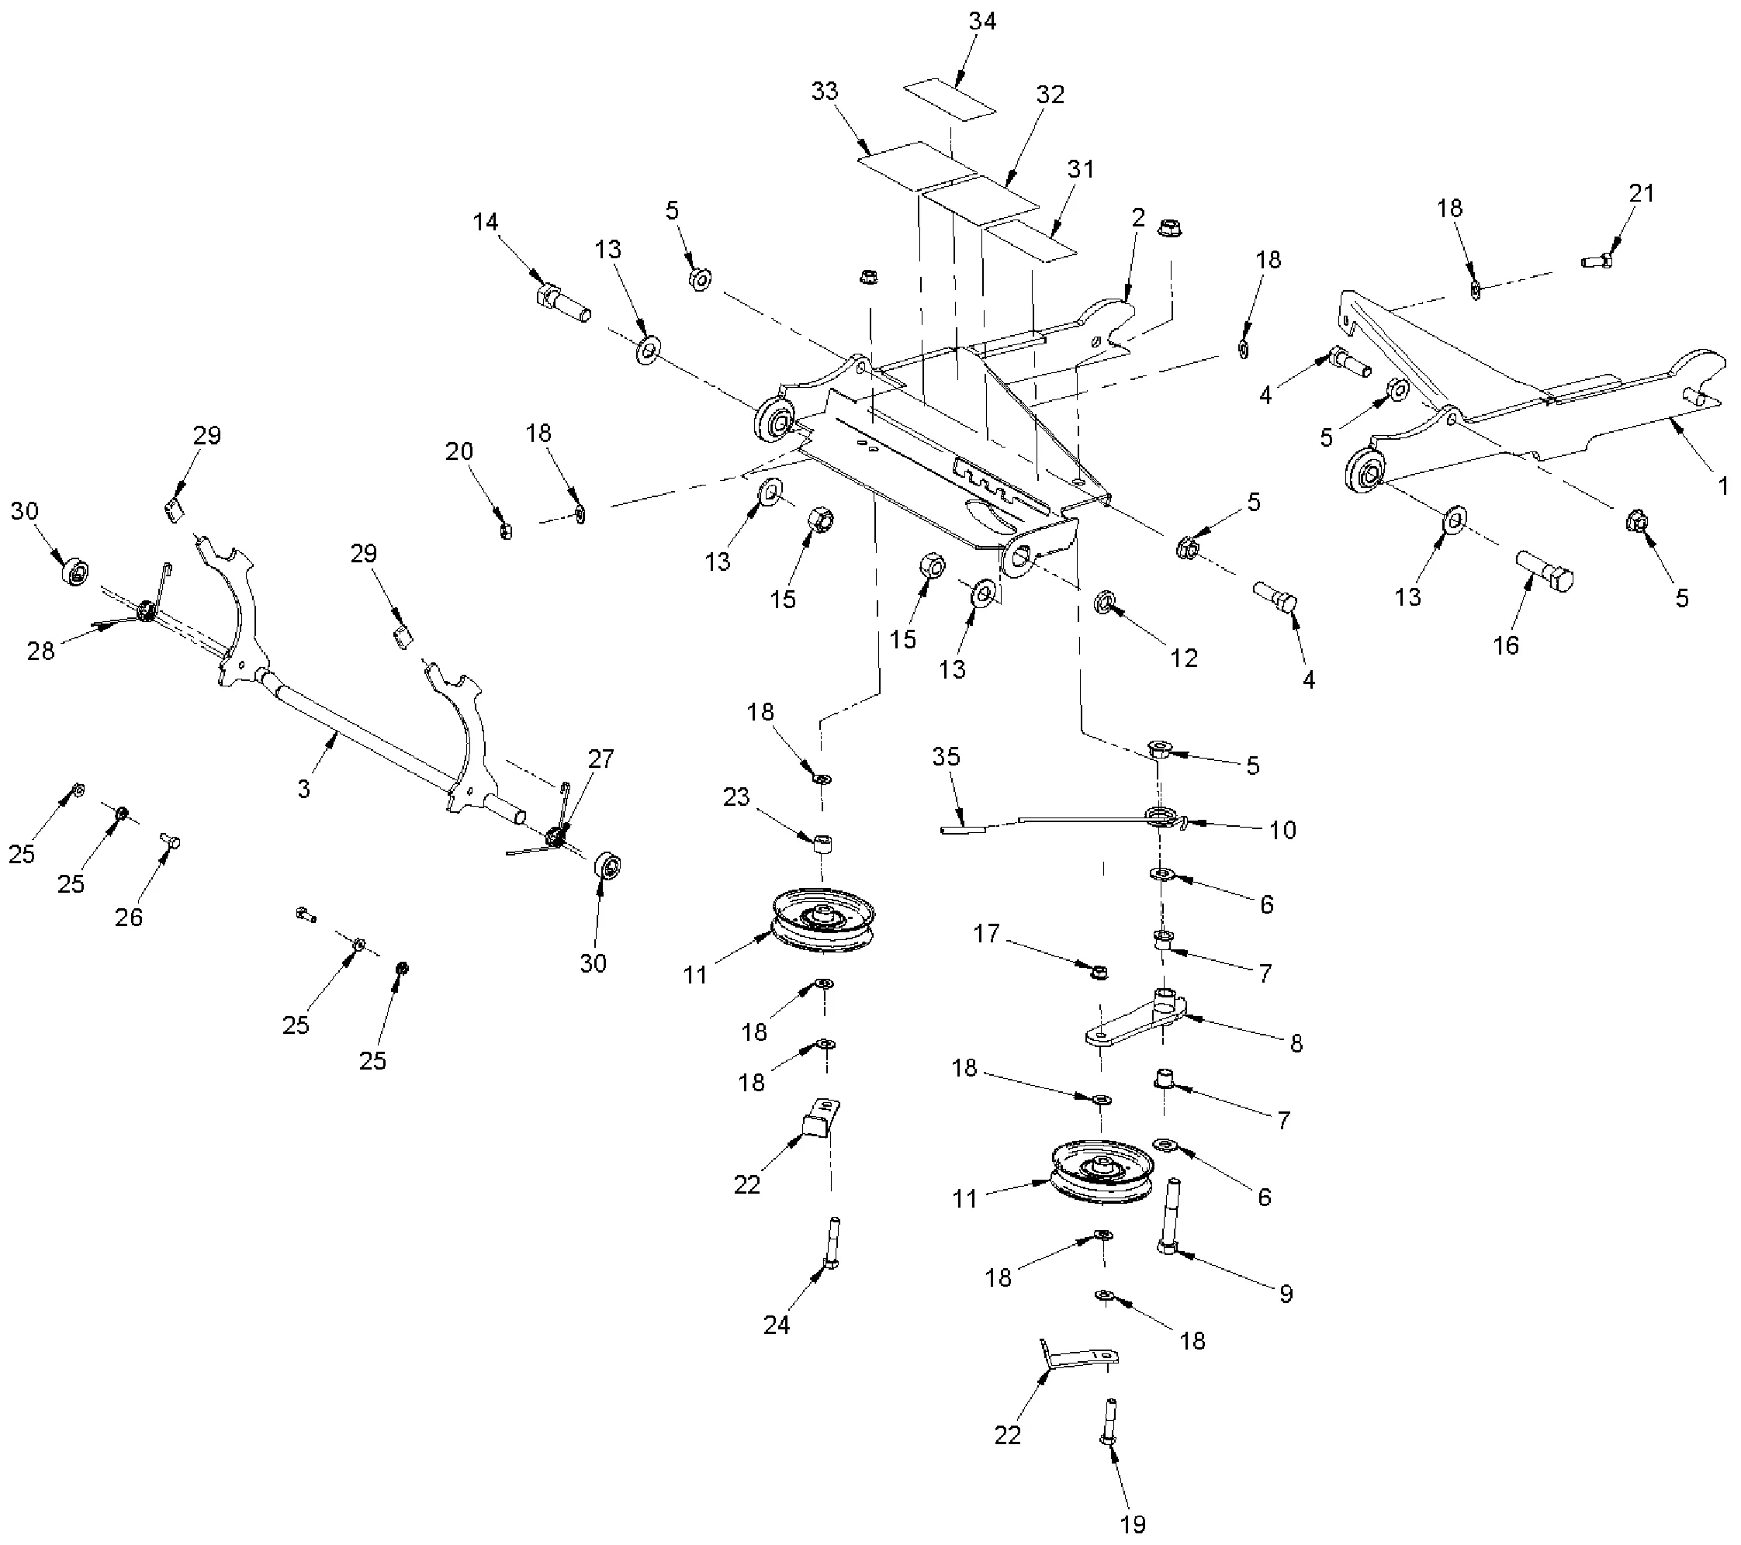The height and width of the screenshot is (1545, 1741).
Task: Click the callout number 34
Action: click(982, 21)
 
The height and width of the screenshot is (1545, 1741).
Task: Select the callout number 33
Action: click(825, 91)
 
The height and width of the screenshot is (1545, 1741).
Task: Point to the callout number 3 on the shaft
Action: click(304, 789)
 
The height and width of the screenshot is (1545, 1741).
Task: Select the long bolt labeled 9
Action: click(1170, 1218)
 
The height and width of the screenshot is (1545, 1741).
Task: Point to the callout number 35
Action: click(946, 756)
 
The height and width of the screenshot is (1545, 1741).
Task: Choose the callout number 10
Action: click(1282, 830)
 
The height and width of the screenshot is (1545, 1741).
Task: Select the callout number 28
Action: click(41, 652)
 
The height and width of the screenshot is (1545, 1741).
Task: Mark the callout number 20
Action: click(459, 451)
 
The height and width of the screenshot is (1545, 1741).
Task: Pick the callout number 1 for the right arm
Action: click(1722, 486)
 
